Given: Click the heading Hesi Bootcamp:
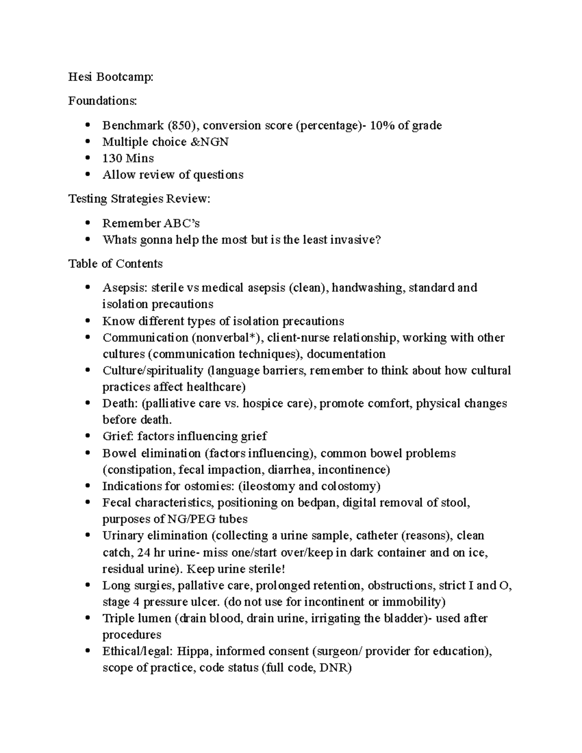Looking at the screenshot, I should coord(111,77).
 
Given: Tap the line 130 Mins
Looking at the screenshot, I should coord(128,159).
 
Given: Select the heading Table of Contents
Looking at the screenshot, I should coord(115,264).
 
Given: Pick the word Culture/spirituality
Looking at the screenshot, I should coord(153,371).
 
